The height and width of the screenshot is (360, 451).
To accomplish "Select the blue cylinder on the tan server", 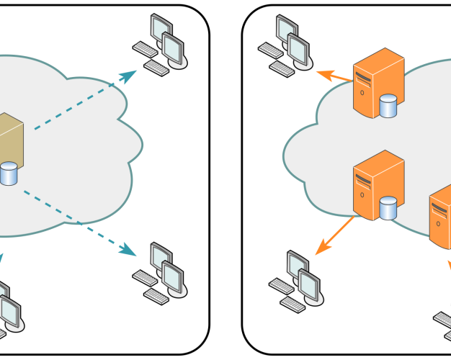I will point(8,174).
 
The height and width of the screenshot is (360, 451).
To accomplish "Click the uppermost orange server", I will point(375,83).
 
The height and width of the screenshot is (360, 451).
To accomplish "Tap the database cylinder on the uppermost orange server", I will point(388,107).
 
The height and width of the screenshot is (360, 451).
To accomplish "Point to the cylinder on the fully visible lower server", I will point(389,208).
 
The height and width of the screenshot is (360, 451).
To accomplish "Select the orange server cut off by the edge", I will point(440,212).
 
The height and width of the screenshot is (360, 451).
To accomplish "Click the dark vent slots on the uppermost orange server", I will point(365,73).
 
